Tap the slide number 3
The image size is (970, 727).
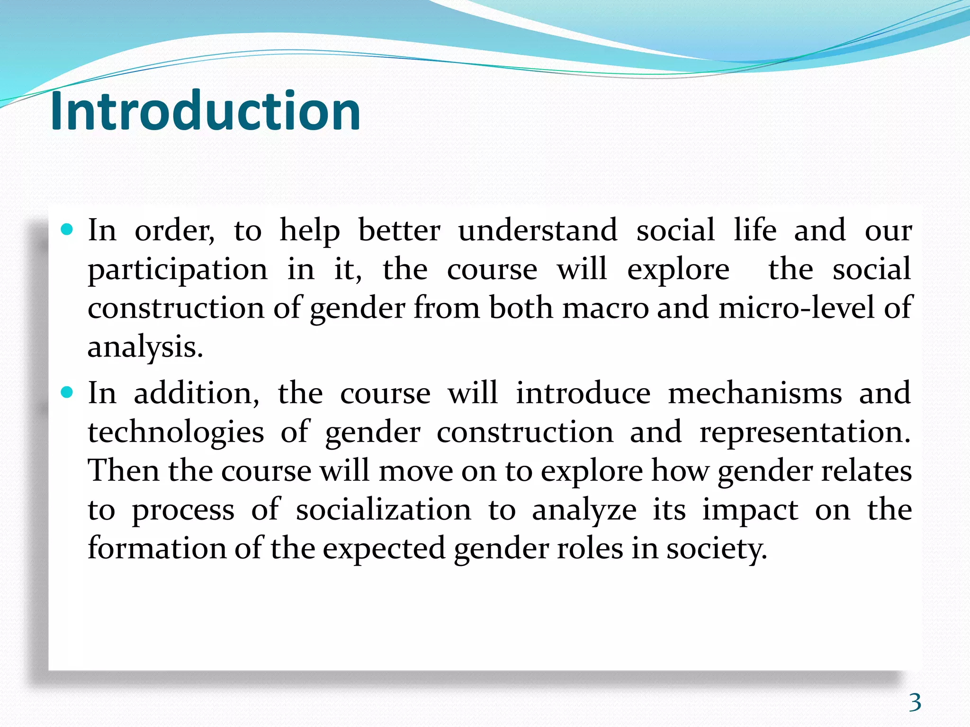pos(915,702)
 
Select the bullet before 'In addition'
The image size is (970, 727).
pos(68,393)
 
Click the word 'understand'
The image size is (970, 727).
pos(538,231)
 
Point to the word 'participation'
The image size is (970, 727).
pos(178,270)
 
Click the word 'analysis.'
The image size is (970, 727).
pos(145,347)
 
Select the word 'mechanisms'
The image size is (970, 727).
pos(754,393)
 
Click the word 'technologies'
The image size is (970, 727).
pos(176,433)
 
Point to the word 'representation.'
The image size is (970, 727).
pos(805,433)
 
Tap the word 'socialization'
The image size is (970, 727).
pos(384,510)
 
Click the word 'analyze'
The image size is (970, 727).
pos(584,510)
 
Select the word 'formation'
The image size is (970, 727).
pos(157,549)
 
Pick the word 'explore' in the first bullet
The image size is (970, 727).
pos(678,270)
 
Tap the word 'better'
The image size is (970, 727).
pos(399,231)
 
